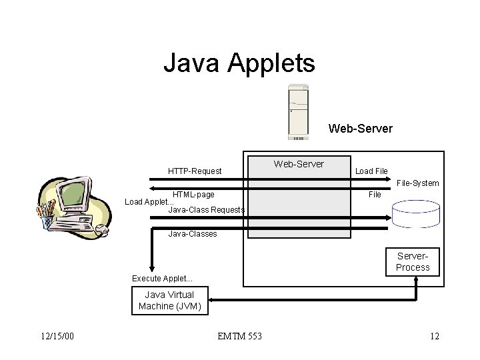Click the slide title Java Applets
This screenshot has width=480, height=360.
[x=239, y=64]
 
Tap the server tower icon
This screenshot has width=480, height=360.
[x=298, y=112]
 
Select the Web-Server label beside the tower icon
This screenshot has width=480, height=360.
[x=360, y=128]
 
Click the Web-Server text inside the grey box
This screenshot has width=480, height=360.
[x=299, y=164]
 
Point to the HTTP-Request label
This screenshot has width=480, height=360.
[x=195, y=171]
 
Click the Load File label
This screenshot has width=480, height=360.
[x=371, y=171]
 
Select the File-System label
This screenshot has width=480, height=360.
[x=417, y=183]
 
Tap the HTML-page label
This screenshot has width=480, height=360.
[x=193, y=195]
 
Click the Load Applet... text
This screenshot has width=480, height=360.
[x=149, y=202]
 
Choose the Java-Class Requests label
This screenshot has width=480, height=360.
[x=206, y=210]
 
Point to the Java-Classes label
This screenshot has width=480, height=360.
[x=193, y=233]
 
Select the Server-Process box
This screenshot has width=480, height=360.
[x=413, y=262]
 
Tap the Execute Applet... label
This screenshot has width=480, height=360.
[x=162, y=278]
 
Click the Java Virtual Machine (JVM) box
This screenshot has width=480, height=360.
[x=170, y=301]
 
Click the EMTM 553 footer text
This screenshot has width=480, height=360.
[x=239, y=336]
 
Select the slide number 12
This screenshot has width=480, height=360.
[x=435, y=336]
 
